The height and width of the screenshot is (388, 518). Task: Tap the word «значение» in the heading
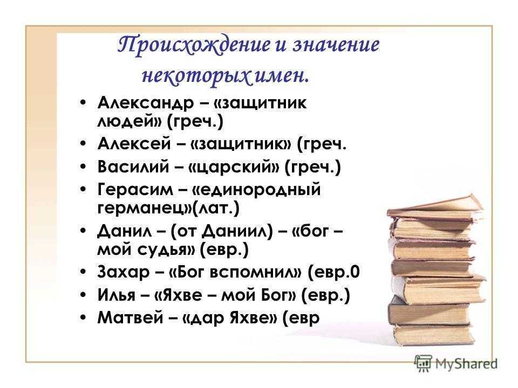click(336, 45)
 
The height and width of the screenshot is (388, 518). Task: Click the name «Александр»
click(146, 103)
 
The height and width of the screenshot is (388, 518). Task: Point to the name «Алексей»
click(134, 144)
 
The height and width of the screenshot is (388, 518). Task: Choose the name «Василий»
click(133, 167)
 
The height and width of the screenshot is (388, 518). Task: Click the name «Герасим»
click(135, 190)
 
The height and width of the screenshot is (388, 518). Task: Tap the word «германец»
click(140, 209)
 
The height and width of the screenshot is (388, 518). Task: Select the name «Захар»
click(124, 272)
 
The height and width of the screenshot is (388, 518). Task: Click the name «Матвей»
click(131, 317)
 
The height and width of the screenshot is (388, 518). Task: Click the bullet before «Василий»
click(83, 167)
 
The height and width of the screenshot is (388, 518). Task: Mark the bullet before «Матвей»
click(83, 318)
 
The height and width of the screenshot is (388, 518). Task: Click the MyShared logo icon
click(423, 364)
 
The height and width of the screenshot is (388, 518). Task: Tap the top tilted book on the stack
click(436, 206)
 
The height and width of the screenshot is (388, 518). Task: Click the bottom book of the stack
click(433, 335)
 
